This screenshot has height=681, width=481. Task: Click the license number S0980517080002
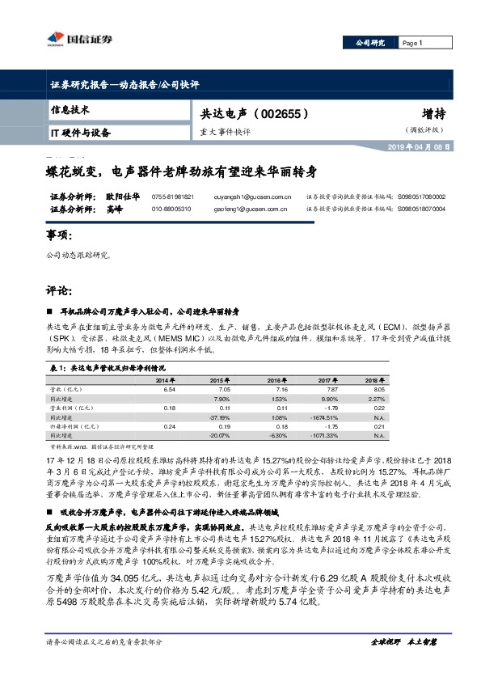point(420,197)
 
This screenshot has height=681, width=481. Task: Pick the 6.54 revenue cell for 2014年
point(169,389)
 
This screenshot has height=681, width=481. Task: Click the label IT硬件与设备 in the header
point(81,132)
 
